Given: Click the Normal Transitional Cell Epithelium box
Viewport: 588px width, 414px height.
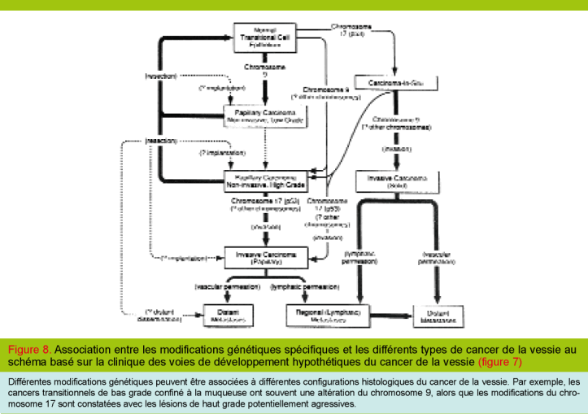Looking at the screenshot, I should (x=262, y=37).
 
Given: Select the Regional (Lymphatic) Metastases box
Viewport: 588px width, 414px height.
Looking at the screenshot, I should (x=324, y=316).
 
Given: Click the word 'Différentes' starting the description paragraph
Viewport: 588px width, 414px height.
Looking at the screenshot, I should (x=32, y=380).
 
